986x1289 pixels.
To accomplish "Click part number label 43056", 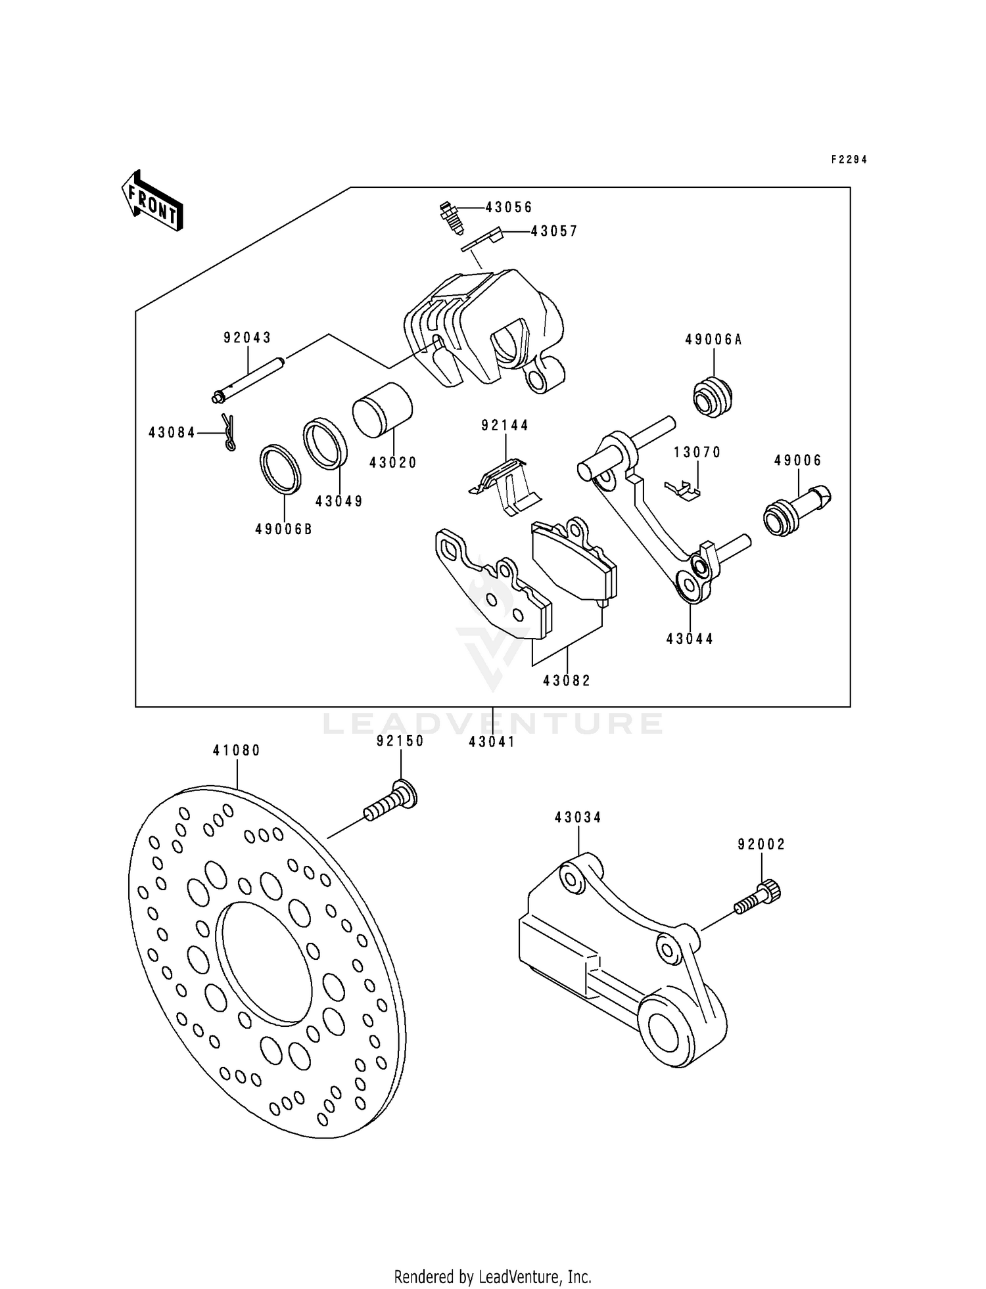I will click(x=509, y=208).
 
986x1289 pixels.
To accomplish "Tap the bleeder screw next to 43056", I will click(x=450, y=217).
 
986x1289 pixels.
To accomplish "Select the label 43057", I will click(x=554, y=231).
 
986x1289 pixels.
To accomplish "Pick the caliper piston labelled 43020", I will click(x=382, y=410).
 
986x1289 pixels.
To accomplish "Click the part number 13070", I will click(x=697, y=452).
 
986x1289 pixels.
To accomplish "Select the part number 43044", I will click(x=690, y=639).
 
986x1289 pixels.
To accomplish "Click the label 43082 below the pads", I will click(x=567, y=681).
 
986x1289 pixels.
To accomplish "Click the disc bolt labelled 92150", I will click(x=392, y=802).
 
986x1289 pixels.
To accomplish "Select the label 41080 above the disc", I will click(x=237, y=750).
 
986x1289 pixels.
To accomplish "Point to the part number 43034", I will click(x=578, y=817).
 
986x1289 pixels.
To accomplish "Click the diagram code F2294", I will click(x=849, y=160).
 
